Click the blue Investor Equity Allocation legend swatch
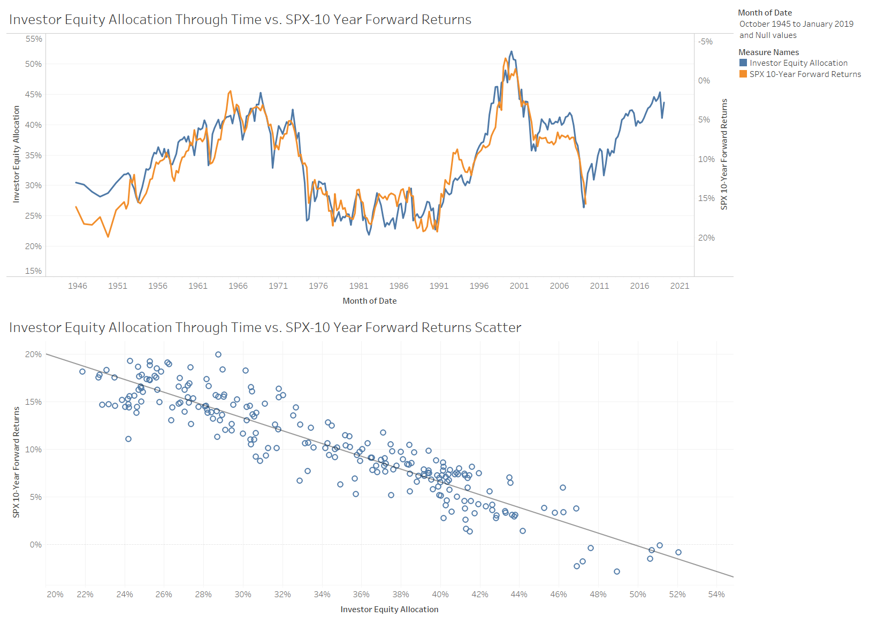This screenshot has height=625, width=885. pos(743,63)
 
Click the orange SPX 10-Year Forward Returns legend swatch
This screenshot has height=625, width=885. pos(743,74)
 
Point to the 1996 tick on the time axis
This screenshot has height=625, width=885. pos(479,286)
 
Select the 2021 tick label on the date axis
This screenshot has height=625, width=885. pos(680,286)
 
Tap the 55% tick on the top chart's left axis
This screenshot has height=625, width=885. pos(34,39)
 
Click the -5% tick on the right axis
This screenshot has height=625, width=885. pos(705,42)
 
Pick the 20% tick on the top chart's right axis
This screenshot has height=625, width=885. pos(706,238)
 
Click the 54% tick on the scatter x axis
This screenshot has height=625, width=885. pos(716,595)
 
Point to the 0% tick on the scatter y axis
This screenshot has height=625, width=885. pos(36,545)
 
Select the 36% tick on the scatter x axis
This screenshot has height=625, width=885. pos(361,595)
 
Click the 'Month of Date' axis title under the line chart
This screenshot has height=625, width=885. pos(370,301)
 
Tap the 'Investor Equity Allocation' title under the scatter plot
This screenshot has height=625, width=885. pos(390,609)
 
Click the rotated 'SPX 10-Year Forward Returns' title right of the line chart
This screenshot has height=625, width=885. pos(724,154)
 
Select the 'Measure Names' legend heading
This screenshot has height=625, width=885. pos(768,52)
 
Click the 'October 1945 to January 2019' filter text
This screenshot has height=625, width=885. pos(796,24)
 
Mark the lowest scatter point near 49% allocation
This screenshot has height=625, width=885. pos(617,572)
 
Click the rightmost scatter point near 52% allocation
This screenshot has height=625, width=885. pos(678,552)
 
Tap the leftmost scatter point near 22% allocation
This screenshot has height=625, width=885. pos(82,372)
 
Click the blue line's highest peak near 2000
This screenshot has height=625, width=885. pos(512,52)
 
